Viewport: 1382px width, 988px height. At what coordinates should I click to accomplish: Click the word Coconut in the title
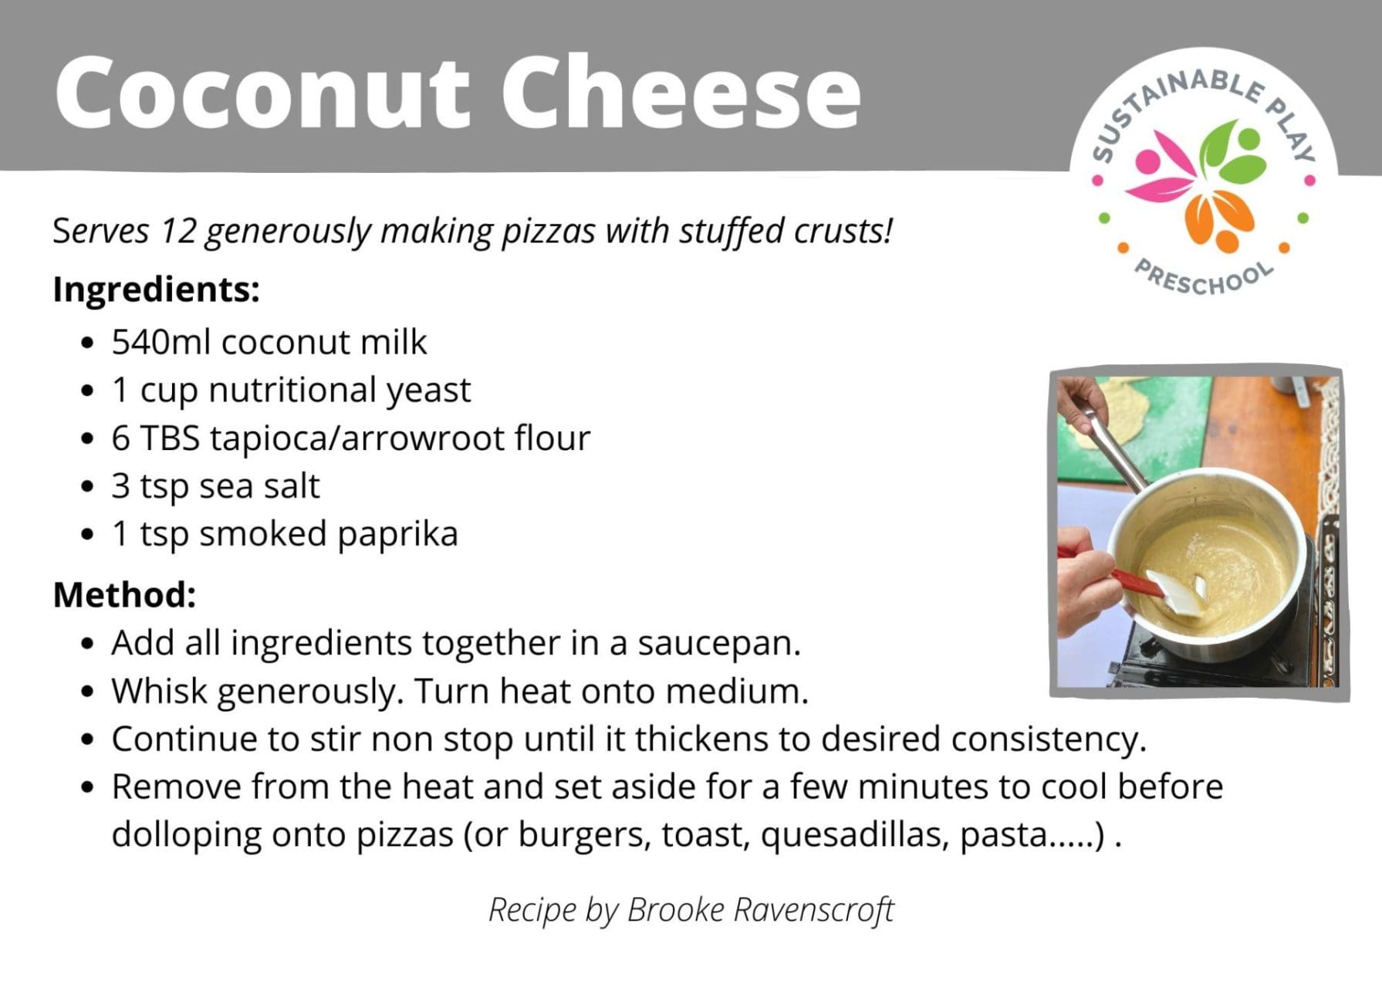262,92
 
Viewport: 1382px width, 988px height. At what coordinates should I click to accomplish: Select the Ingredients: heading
156,290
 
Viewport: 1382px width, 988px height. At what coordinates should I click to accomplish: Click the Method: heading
124,595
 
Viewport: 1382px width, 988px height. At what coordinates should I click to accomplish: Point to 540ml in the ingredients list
161,342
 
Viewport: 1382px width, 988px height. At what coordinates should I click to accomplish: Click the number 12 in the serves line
178,231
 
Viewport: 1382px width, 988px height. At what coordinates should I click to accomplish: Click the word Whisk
160,691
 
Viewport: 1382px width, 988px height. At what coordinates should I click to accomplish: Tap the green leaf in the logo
1232,151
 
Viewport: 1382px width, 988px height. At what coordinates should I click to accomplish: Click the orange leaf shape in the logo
1220,220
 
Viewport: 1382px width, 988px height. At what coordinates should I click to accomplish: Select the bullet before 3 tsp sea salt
87,487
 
